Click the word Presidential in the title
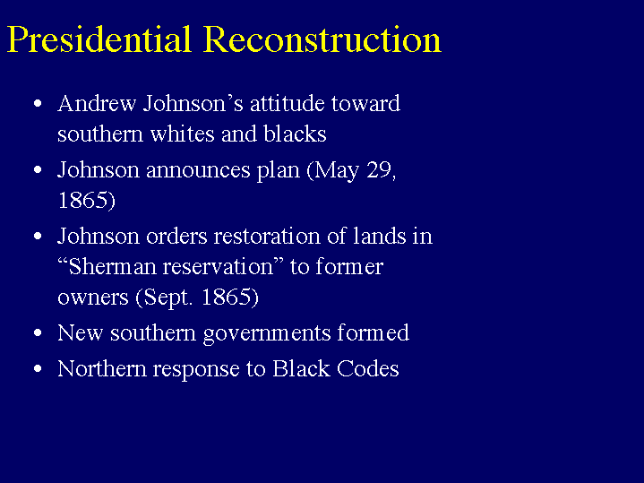[x=99, y=39]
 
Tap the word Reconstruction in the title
[x=322, y=39]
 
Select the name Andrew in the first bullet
[x=97, y=103]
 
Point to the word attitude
[x=288, y=103]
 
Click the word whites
[x=183, y=134]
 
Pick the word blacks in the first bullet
[x=295, y=134]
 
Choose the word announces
[x=198, y=169]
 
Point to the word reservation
[x=218, y=267]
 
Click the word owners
[x=93, y=298]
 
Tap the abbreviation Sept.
[x=167, y=298]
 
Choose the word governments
[x=267, y=333]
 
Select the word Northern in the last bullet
[x=102, y=368]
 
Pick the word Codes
[x=368, y=368]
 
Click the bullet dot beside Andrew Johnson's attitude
[x=38, y=103]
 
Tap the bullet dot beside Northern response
[x=38, y=368]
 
